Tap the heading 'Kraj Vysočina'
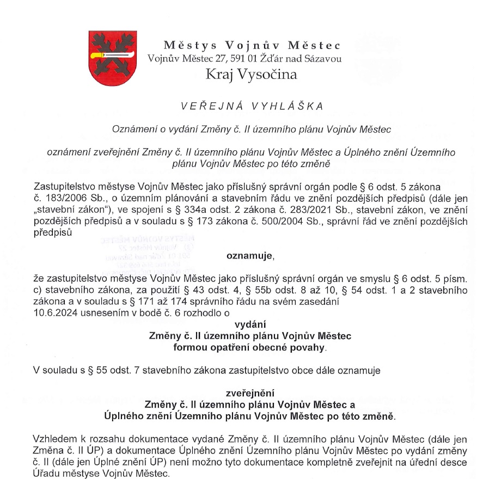point(251,75)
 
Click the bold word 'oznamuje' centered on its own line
point(246,254)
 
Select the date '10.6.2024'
point(54,312)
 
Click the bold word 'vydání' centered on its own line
point(249,324)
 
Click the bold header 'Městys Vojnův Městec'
point(252,46)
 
